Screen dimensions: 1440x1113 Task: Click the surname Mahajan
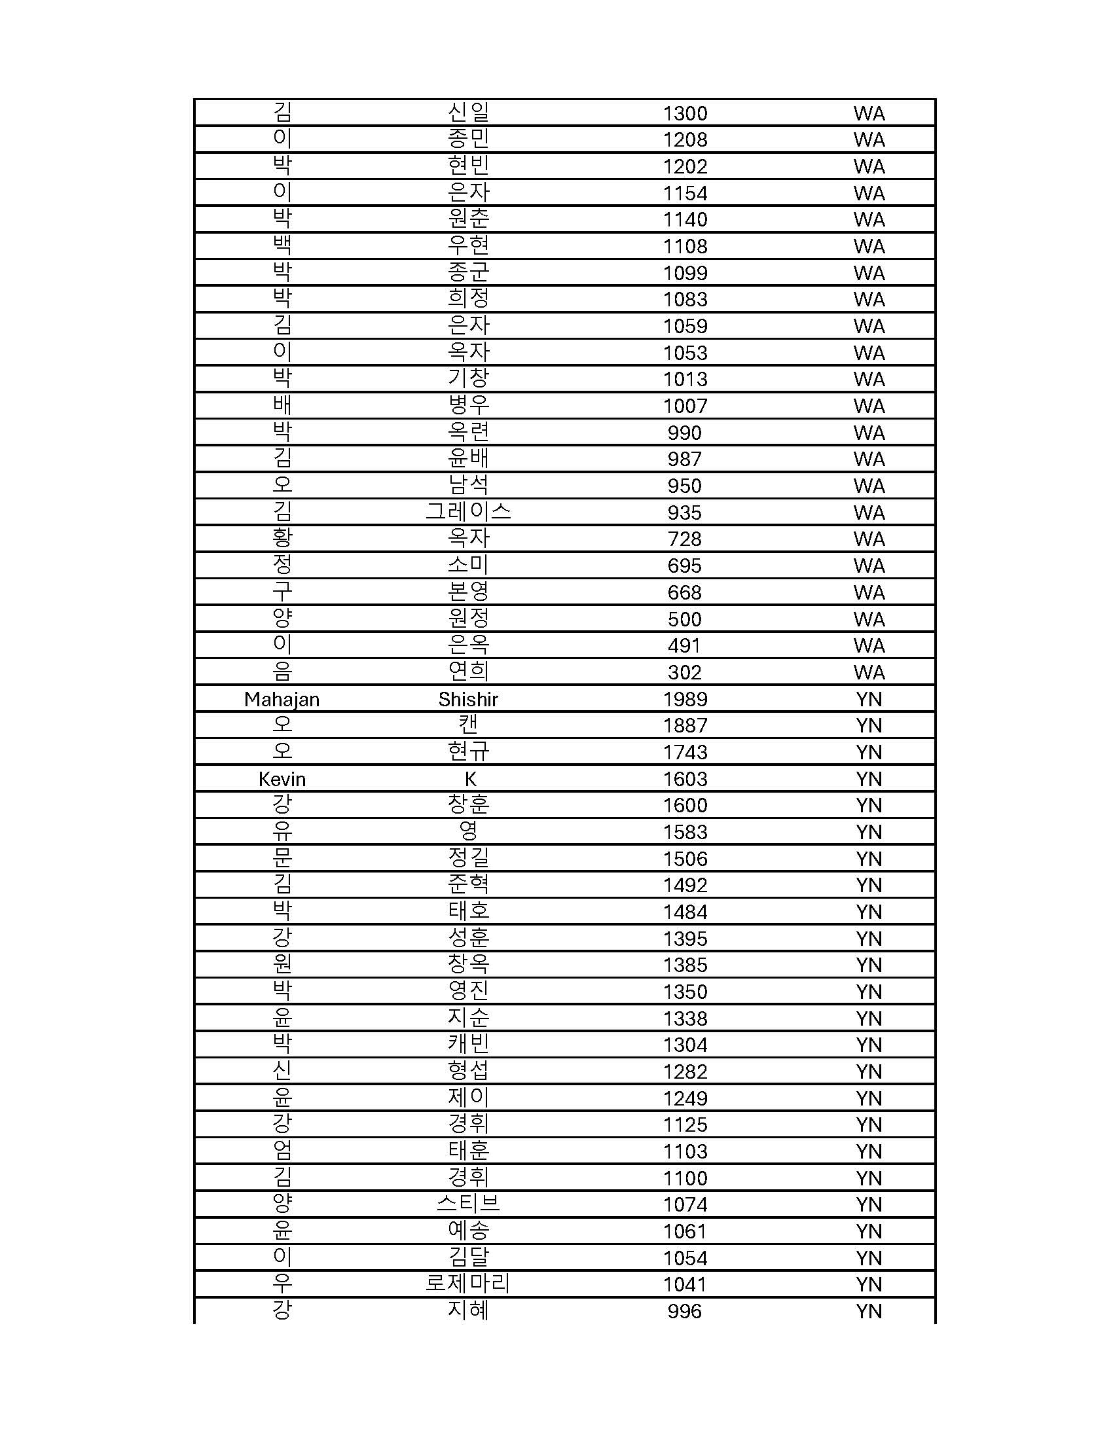point(282,699)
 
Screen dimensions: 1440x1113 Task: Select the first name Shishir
point(467,699)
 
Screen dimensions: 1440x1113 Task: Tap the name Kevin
point(282,780)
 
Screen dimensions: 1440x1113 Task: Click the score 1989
point(685,699)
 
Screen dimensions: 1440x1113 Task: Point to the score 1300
point(685,113)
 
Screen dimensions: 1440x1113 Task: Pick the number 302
point(684,672)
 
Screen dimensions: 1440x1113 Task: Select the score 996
point(684,1312)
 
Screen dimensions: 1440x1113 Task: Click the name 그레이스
point(467,512)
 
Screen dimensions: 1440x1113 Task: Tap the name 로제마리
point(467,1284)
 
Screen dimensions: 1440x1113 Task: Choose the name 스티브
point(467,1204)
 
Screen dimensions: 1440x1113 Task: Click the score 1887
point(685,725)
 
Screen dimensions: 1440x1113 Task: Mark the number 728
point(684,539)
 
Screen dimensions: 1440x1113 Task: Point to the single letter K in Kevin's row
point(470,780)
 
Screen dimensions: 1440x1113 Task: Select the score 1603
point(685,780)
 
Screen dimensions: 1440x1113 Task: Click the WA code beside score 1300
point(869,113)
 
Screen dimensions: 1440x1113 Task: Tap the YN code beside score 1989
point(869,699)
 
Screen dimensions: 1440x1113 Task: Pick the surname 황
point(282,538)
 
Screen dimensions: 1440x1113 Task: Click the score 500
point(684,619)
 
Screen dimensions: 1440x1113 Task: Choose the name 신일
point(467,112)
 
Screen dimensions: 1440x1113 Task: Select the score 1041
point(685,1284)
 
